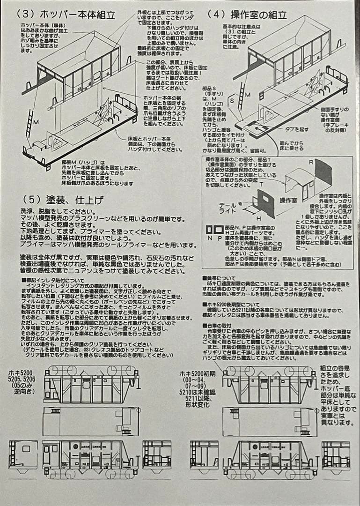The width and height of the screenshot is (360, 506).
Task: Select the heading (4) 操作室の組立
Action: pyautogui.click(x=247, y=15)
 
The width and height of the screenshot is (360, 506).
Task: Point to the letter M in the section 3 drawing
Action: pyautogui.click(x=36, y=121)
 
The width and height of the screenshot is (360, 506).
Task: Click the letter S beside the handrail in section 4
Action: pyautogui.click(x=232, y=99)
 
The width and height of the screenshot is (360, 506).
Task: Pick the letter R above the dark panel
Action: pyautogui.click(x=311, y=161)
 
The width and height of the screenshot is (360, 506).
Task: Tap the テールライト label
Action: pyautogui.click(x=228, y=208)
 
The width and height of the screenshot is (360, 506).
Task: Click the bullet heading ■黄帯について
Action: pyautogui.click(x=220, y=278)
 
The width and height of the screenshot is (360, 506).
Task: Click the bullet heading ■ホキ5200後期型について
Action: pyautogui.click(x=229, y=304)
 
